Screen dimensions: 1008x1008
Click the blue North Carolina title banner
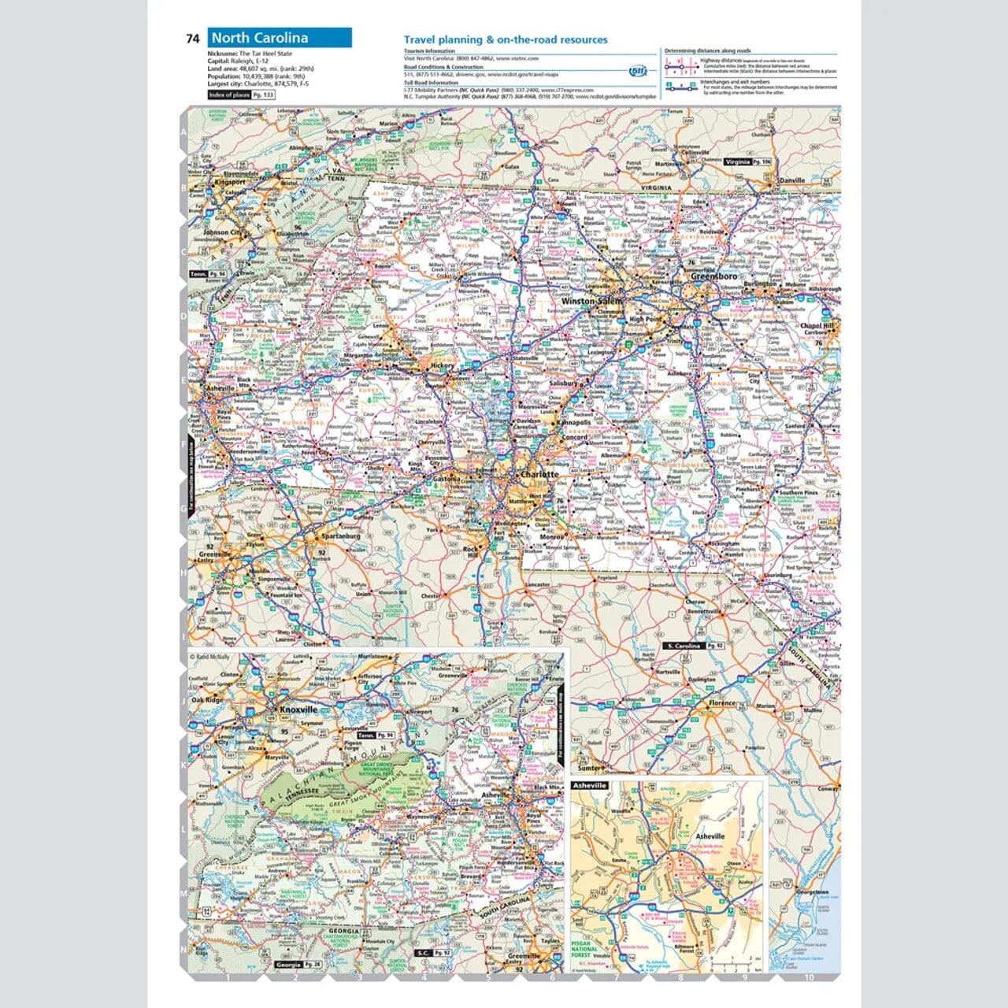pos(280,38)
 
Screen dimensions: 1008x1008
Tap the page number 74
pos(193,39)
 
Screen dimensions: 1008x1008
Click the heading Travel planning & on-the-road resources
pos(505,39)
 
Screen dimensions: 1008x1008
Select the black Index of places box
pos(242,94)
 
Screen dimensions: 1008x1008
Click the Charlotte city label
pos(539,475)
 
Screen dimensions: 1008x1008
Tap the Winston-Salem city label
pos(591,302)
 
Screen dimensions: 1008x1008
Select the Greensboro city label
pos(713,277)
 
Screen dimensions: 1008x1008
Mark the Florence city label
pos(721,702)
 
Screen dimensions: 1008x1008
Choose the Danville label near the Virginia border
pos(791,180)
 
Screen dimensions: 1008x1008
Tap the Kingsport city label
pos(230,182)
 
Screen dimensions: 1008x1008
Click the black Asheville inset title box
pos(590,785)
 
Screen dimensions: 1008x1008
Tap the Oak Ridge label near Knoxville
pos(209,700)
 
